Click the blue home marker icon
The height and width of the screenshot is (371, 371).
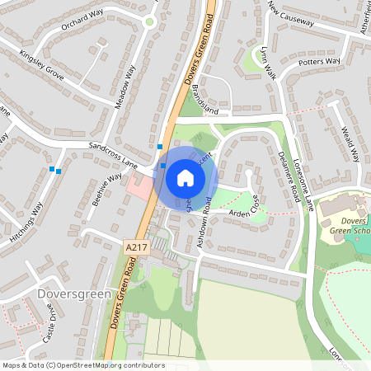point(185,176)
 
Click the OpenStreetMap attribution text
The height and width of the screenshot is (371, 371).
point(82,365)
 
